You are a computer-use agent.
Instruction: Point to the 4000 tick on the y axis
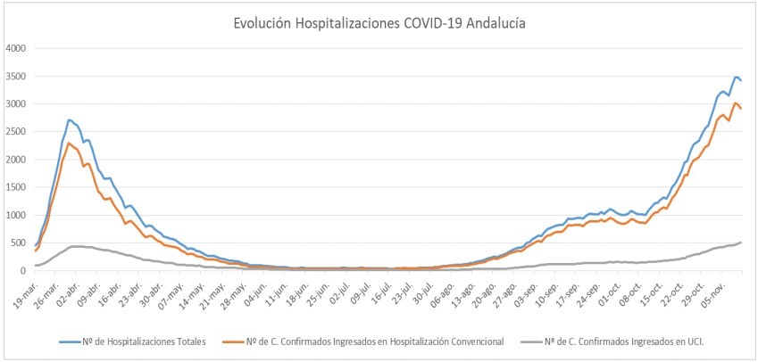click(x=16, y=48)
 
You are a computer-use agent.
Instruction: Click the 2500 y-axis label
click(x=16, y=132)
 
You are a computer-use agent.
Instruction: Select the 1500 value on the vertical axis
click(x=16, y=187)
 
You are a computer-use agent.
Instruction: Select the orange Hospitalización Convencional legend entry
click(x=375, y=341)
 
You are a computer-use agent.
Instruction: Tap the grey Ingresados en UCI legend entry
click(x=616, y=341)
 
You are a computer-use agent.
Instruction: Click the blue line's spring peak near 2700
click(x=70, y=119)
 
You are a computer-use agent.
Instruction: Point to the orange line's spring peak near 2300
click(x=69, y=143)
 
